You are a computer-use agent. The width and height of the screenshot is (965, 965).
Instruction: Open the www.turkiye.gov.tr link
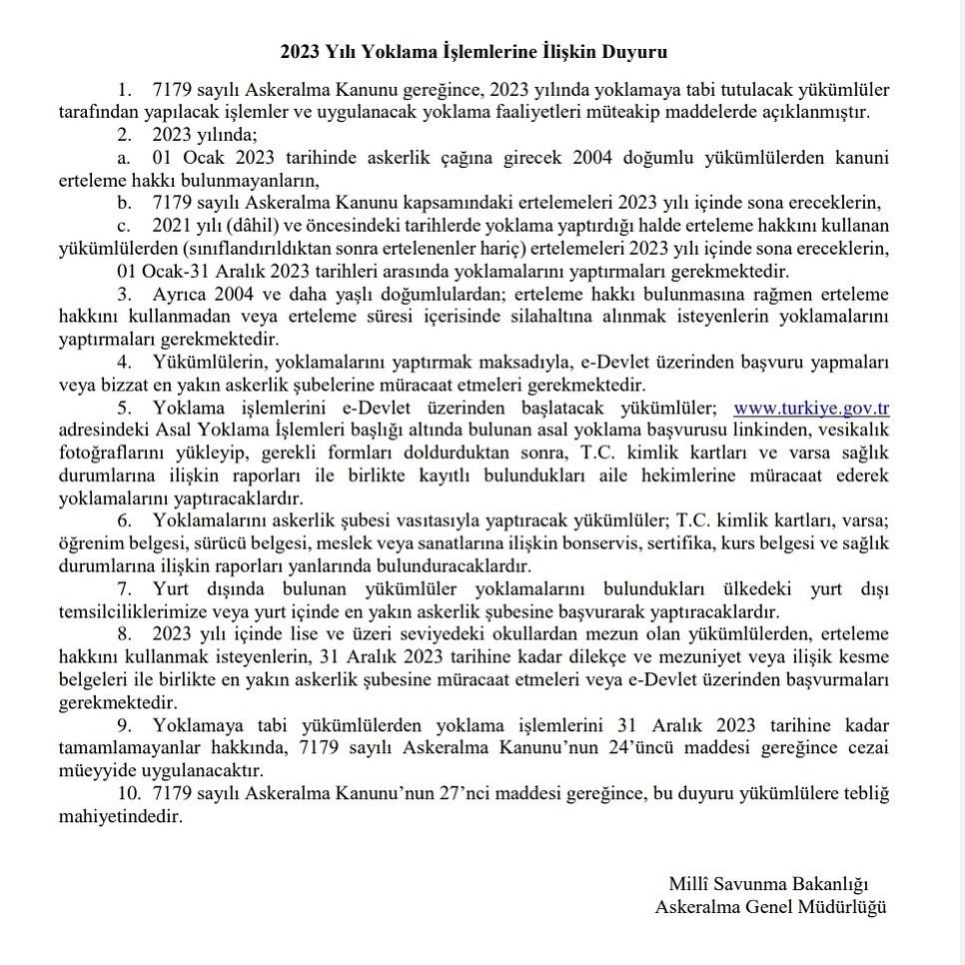point(811,408)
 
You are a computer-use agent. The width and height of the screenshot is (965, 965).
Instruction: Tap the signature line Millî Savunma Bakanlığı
point(769,884)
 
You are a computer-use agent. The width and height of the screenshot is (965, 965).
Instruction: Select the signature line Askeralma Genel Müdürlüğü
point(770,907)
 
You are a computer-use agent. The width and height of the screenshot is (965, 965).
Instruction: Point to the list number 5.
point(124,408)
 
